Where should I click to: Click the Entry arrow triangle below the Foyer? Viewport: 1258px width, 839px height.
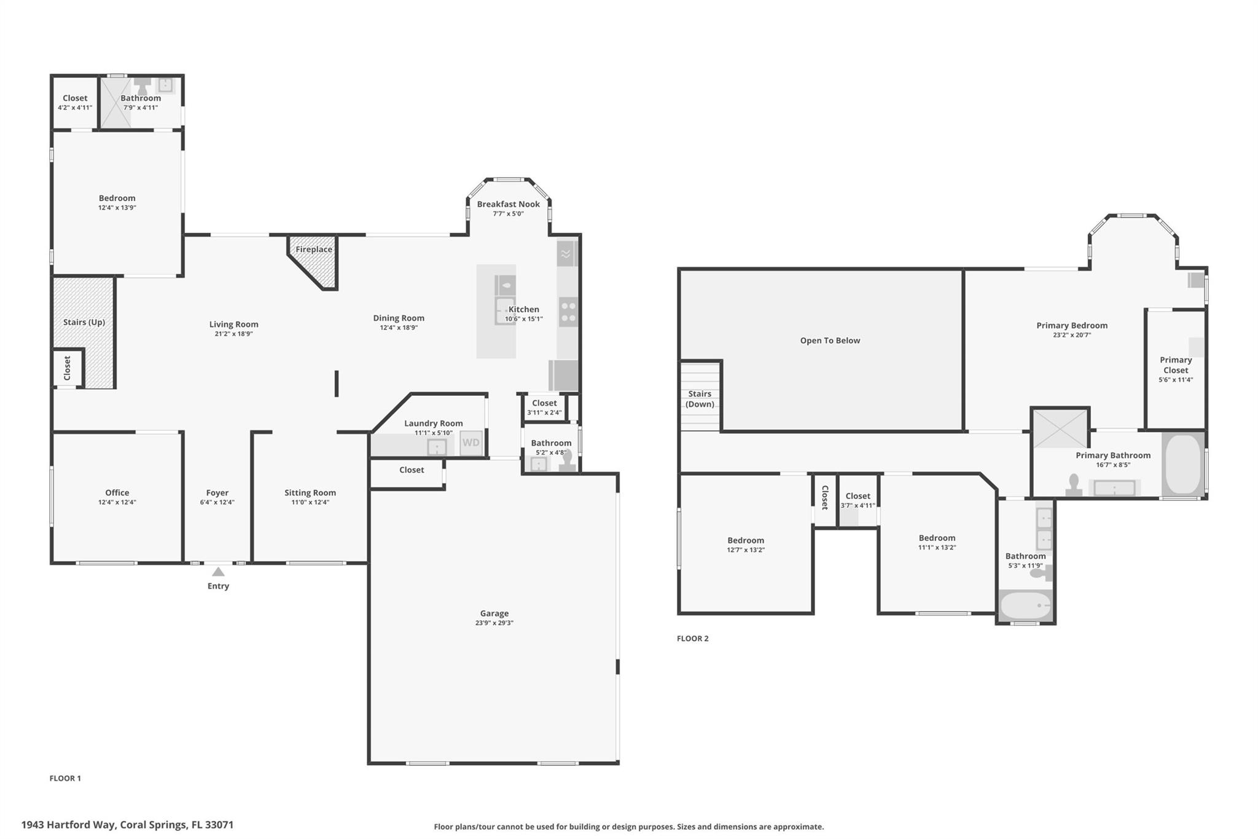[x=218, y=572]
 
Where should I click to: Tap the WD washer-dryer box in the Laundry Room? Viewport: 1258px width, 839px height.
[x=471, y=443]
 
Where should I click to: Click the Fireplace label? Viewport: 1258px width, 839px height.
[x=314, y=250]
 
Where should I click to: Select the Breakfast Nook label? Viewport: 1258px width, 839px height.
[x=509, y=204]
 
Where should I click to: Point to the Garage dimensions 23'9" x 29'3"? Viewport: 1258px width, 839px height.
[x=494, y=623]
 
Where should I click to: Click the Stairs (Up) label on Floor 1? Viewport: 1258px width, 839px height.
[x=84, y=322]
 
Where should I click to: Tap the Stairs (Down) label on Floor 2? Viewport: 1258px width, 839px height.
[x=700, y=399]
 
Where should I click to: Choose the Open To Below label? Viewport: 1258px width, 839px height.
[x=830, y=341]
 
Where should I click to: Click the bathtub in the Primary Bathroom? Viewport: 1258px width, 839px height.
[x=1182, y=464]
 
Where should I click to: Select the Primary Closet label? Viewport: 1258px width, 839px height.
[x=1176, y=365]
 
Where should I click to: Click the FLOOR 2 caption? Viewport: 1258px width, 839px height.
[x=693, y=639]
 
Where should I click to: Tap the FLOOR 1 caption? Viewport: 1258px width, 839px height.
[x=65, y=778]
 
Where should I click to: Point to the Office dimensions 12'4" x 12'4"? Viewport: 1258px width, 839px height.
[x=117, y=502]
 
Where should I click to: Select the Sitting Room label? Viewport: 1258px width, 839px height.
[x=310, y=492]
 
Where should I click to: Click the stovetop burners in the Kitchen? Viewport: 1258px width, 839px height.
[x=568, y=312]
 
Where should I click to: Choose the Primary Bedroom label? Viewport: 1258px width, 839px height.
[x=1072, y=326]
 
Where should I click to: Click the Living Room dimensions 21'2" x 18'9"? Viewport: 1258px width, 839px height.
[x=234, y=334]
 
